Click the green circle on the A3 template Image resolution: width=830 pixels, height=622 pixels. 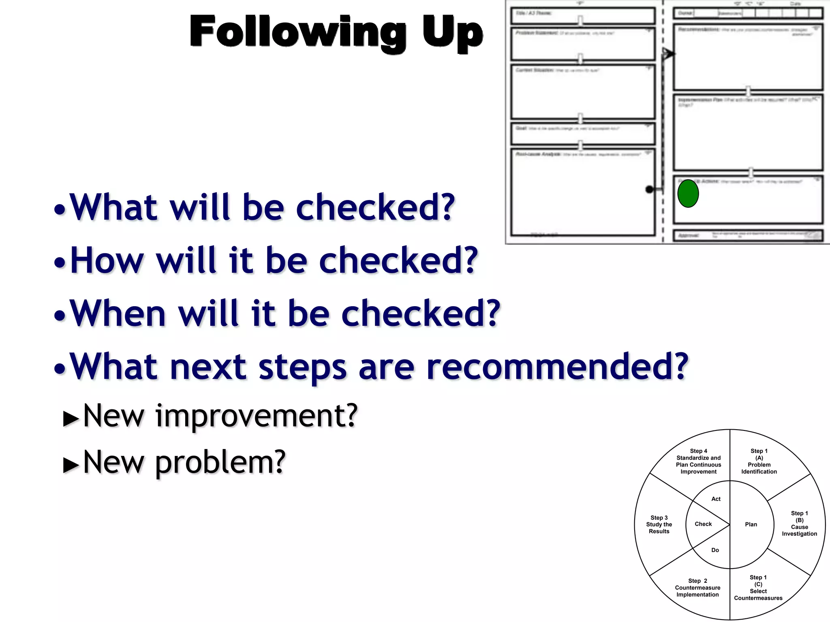coord(688,194)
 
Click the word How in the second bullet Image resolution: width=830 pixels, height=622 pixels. coord(107,260)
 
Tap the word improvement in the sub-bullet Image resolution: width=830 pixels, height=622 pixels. coord(256,416)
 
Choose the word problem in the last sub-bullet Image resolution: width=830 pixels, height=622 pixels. coord(220,462)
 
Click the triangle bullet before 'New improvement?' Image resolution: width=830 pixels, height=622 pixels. coord(71,419)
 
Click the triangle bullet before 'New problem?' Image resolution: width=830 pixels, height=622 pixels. coord(71,465)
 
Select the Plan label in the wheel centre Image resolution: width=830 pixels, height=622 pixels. coord(751,524)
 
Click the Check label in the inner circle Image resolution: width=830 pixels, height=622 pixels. coord(703,524)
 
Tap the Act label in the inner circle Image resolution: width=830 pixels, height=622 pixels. coord(716,499)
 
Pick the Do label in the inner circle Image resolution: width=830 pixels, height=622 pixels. coord(715,550)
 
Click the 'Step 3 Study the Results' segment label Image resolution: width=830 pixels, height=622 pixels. coord(659,524)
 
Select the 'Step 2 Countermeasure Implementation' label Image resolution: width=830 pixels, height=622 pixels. coord(697,588)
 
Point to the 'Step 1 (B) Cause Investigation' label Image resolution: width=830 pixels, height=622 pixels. coord(799,523)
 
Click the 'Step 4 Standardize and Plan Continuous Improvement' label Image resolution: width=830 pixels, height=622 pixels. coord(698,461)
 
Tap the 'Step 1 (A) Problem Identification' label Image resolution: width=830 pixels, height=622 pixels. coord(759,461)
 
